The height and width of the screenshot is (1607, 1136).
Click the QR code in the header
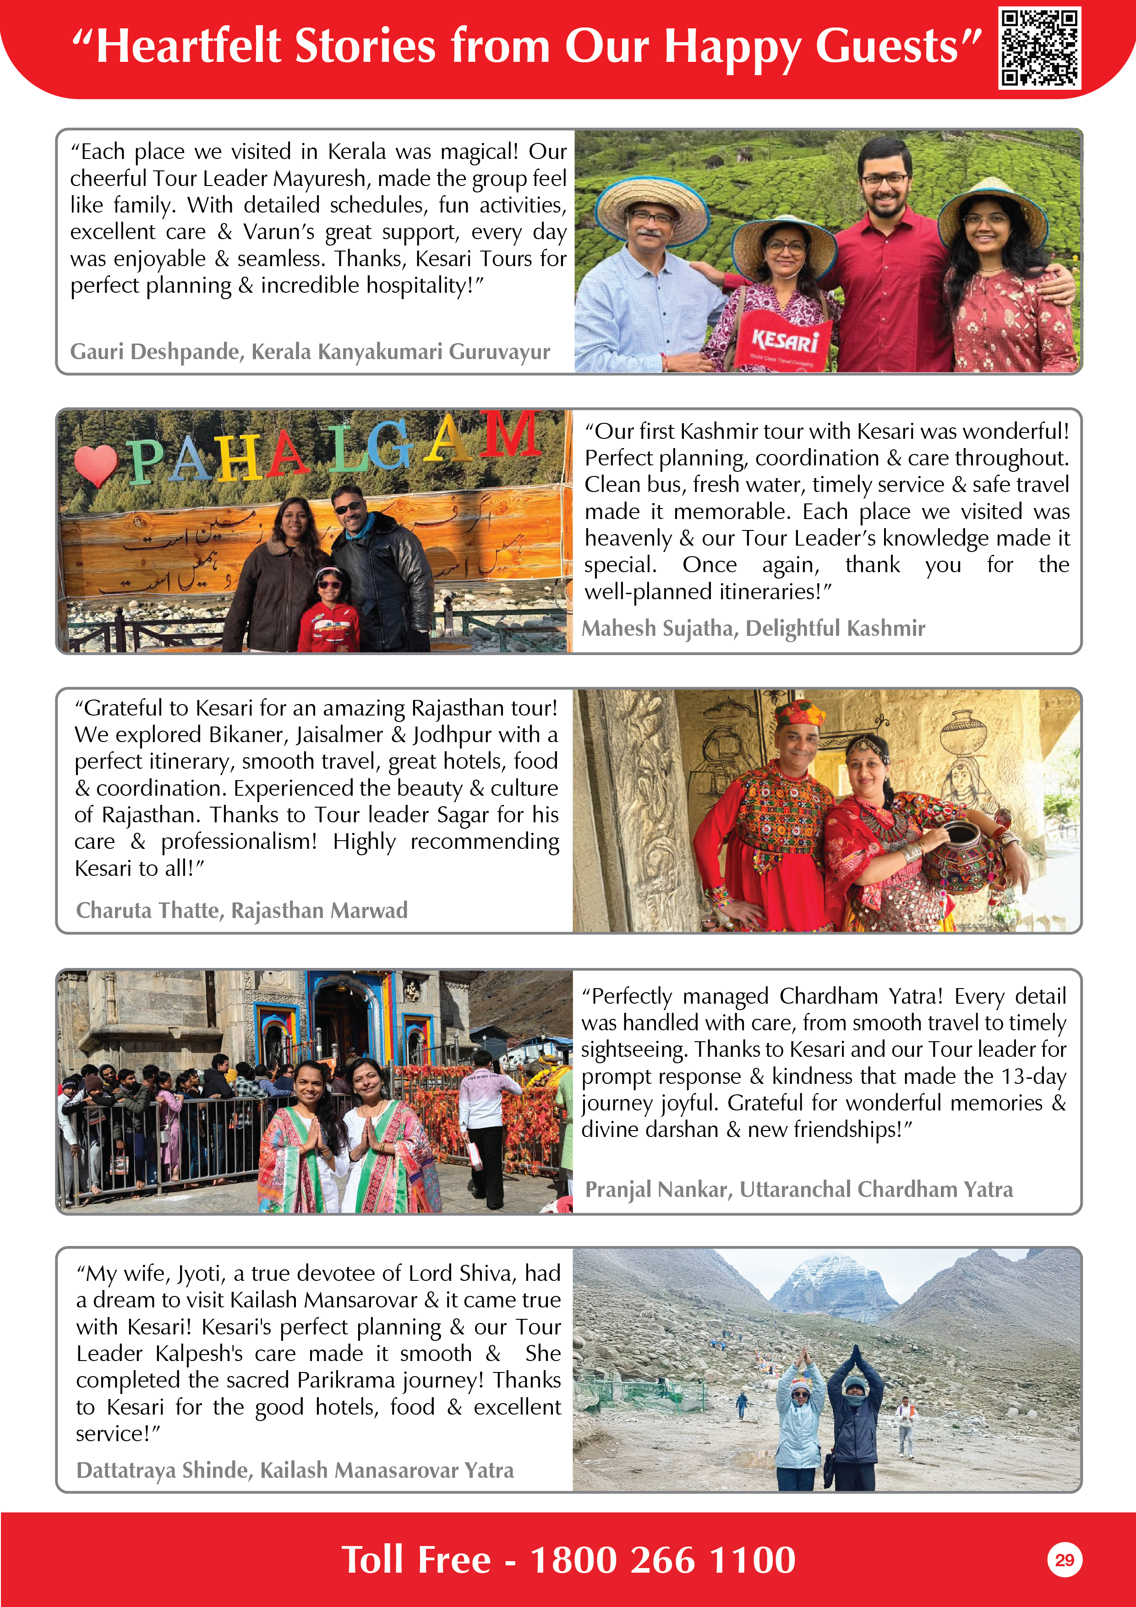click(1039, 48)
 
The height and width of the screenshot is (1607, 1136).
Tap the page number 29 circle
click(1064, 1559)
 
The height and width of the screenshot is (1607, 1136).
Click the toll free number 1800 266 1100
click(662, 1559)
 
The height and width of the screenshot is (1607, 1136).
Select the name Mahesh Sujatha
click(657, 629)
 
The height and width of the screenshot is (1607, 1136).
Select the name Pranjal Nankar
click(656, 1189)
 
